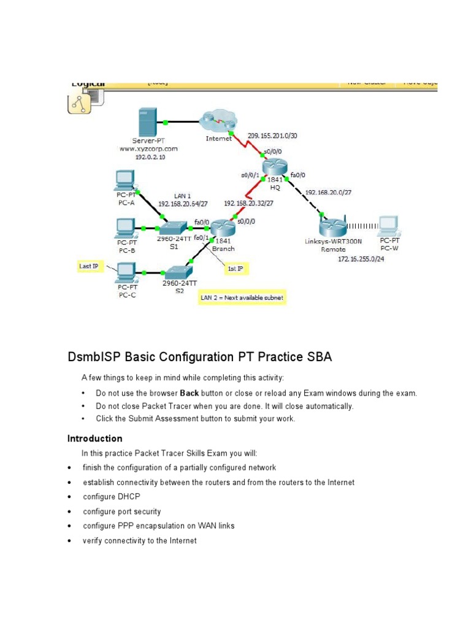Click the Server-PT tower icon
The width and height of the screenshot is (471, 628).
point(145,121)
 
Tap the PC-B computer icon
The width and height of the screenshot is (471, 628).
point(125,229)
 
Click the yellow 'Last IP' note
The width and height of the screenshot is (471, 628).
point(89,266)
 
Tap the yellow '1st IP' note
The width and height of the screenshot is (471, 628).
point(236,269)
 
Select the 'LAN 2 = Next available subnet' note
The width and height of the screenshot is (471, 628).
point(242,298)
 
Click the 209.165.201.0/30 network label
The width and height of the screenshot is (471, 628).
point(272,136)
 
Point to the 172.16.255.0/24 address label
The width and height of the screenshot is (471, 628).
point(361,259)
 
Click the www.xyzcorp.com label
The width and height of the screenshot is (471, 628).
point(147,148)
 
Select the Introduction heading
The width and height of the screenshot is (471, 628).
point(95,438)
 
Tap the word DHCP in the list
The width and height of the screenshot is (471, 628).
point(120,497)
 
